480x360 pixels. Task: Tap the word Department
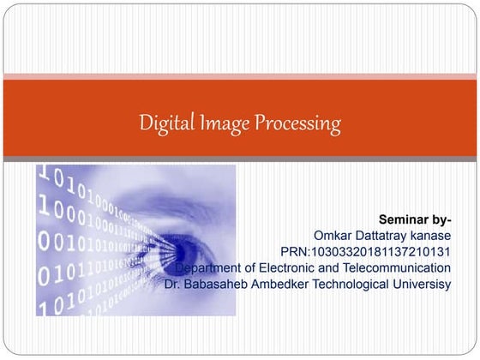220,267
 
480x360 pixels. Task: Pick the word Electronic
295,267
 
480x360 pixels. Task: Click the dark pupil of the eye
187,249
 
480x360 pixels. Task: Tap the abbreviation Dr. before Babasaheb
174,284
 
